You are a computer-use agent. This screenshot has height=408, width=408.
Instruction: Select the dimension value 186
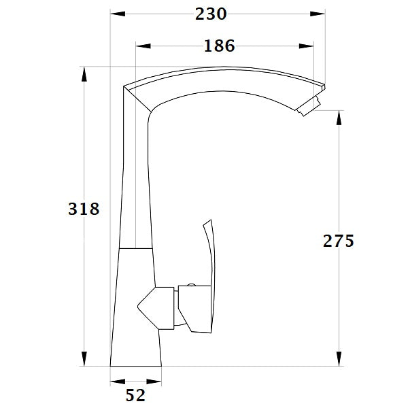219,46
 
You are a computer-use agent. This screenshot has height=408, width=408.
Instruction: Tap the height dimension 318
84,209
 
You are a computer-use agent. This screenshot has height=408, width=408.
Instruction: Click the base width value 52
135,394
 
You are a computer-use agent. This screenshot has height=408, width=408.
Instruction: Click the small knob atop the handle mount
192,285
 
